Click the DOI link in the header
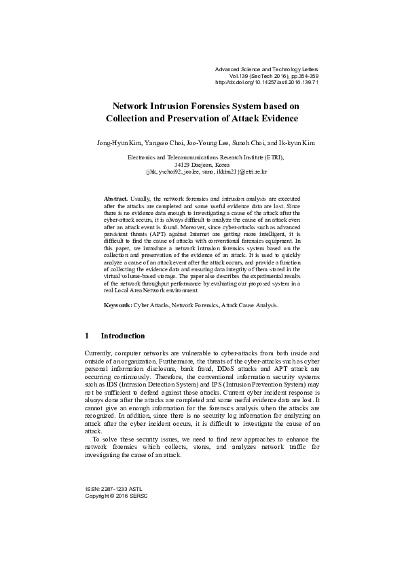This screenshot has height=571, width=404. pyautogui.click(x=266, y=82)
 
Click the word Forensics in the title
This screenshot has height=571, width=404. pyautogui.click(x=219, y=106)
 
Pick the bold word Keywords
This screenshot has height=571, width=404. pyautogui.click(x=117, y=306)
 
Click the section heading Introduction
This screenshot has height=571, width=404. pyautogui.click(x=122, y=336)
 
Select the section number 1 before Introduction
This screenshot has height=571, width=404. pyautogui.click(x=87, y=336)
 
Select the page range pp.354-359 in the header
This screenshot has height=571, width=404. pyautogui.click(x=297, y=75)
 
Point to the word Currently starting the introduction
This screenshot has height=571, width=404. pyautogui.click(x=98, y=354)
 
